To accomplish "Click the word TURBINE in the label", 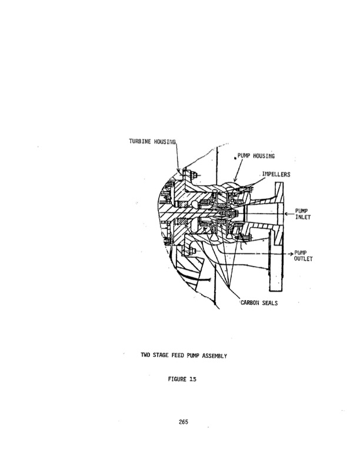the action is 140,141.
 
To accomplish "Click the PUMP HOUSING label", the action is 256,156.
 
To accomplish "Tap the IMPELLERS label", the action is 276,174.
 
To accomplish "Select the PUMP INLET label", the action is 302,214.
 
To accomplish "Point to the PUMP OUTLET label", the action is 303,256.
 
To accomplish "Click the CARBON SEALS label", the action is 259,302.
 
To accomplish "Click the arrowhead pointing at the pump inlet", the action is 287,214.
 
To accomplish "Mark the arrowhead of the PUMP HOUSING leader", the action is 235,179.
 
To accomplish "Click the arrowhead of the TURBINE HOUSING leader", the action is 178,171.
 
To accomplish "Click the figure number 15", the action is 192,379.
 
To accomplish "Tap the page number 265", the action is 183,422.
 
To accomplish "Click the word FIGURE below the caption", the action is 177,379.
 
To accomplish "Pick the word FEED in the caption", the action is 178,355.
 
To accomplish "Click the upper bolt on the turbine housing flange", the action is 193,175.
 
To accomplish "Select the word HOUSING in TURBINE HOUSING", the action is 165,142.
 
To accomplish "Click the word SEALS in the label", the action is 270,302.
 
